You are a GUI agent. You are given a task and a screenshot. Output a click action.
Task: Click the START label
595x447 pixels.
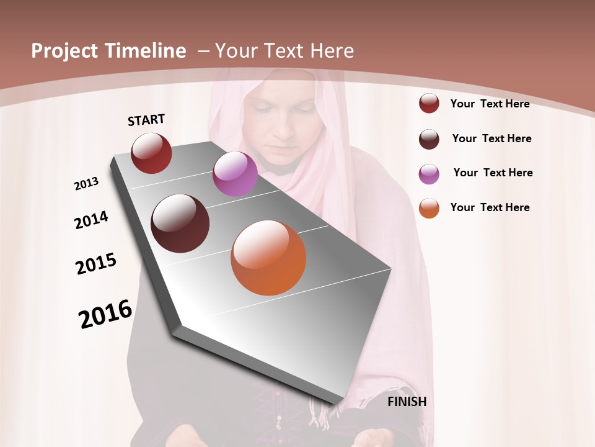[146, 120]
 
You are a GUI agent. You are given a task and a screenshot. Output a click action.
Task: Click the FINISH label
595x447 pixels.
[407, 402]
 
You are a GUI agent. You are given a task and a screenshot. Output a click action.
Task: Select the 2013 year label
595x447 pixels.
[86, 184]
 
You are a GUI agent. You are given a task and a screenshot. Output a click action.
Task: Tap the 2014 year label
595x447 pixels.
[91, 220]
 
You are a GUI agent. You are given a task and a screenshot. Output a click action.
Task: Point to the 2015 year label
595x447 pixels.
[96, 264]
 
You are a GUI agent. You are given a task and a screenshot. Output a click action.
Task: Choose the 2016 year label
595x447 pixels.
[105, 314]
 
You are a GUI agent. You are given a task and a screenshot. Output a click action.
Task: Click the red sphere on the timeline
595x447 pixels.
[151, 153]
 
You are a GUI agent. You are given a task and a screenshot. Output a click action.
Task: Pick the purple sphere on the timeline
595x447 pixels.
[235, 174]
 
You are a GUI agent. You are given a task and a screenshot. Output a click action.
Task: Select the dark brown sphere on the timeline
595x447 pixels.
[180, 223]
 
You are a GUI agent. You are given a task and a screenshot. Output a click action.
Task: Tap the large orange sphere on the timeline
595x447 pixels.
[268, 258]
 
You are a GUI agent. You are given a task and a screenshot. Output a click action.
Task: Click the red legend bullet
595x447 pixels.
[429, 103]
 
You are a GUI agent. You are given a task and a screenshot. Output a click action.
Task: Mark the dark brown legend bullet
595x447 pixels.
[429, 139]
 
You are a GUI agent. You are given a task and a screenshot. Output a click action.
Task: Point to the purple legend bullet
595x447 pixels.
[429, 174]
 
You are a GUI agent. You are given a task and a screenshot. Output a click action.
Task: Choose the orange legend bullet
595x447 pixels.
[429, 208]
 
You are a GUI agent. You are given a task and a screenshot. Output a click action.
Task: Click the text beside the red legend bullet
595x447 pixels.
[490, 104]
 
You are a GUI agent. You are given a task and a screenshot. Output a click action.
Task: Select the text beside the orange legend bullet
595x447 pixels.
[490, 207]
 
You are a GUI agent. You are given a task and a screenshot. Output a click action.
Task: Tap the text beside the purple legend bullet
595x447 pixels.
[493, 173]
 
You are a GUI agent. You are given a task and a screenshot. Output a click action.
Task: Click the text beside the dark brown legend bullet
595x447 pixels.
[491, 138]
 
